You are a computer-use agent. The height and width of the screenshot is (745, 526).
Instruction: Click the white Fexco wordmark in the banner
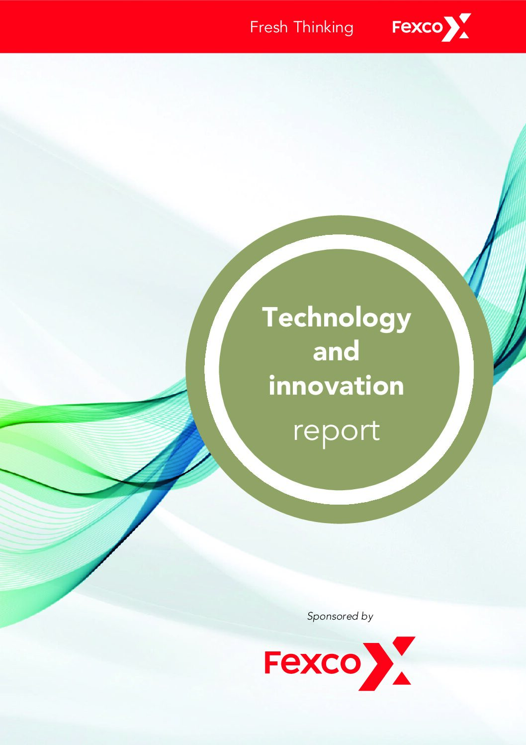click(x=417, y=27)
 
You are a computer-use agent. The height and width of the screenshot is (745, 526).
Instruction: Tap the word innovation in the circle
click(x=336, y=386)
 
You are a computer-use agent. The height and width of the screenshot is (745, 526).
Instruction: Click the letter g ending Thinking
click(x=348, y=29)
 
